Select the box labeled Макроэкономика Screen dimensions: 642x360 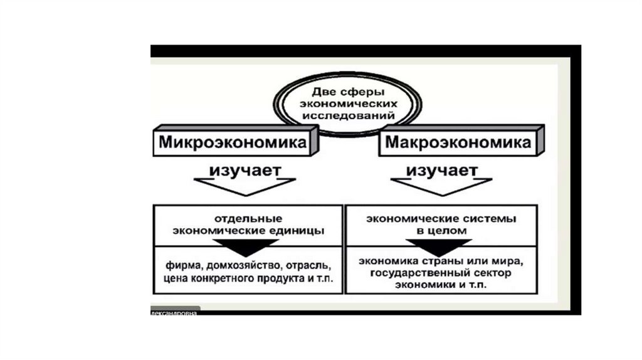(x=458, y=143)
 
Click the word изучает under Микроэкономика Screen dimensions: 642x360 (x=245, y=170)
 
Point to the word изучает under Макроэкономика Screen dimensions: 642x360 (x=443, y=170)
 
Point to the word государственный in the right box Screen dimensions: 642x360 (x=418, y=273)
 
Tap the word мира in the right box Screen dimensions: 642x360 (x=505, y=261)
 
